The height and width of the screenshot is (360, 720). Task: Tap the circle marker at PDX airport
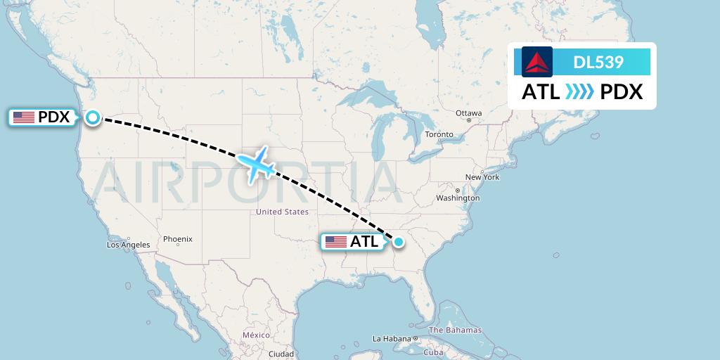93,117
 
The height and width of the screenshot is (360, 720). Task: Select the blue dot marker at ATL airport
399,243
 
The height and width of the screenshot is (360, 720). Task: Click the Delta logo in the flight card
537,62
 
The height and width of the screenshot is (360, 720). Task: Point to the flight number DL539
598,62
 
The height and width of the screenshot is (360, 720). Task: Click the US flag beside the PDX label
24,117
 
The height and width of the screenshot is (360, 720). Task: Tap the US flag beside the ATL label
336,243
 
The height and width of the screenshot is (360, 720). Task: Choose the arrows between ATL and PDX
580,92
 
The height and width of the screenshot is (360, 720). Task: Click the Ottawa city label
468,113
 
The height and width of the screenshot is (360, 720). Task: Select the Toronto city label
439,134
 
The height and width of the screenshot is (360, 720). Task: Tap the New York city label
482,177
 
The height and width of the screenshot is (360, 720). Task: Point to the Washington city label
457,198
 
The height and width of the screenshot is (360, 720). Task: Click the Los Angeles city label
128,245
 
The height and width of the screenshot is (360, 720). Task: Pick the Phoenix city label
177,239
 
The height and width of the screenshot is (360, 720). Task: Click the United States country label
282,212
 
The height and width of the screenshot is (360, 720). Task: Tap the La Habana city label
392,338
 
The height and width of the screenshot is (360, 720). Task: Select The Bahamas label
455,330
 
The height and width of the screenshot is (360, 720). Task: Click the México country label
256,335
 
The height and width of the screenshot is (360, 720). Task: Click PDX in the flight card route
622,92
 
